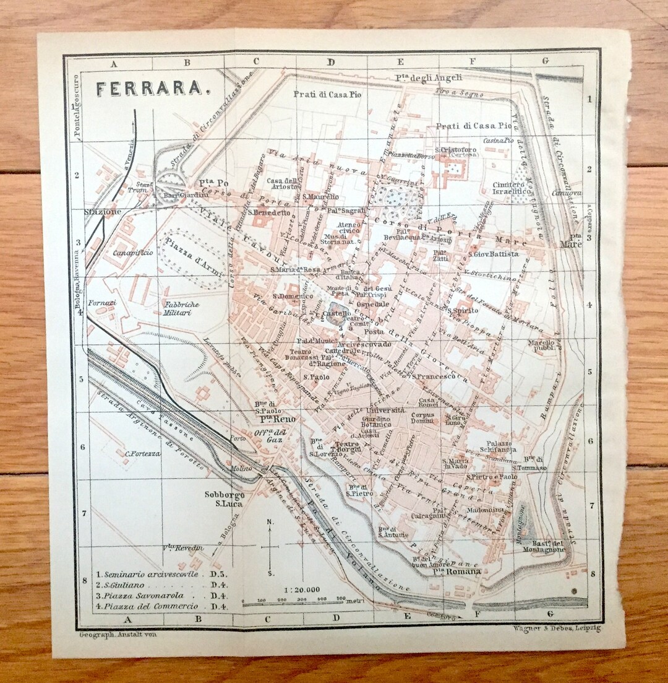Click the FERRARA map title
(x=151, y=89)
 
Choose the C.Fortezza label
(x=143, y=454)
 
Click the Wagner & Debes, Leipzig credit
(x=557, y=629)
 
